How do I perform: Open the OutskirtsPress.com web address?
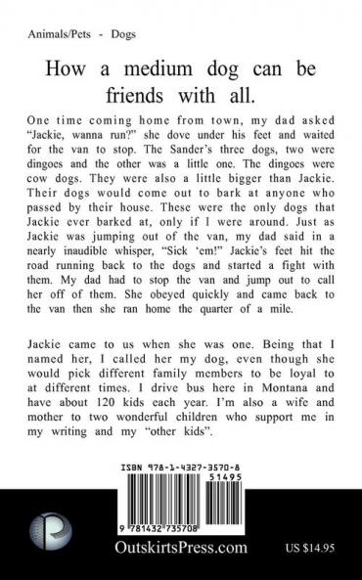pyautogui.click(x=180, y=556)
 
